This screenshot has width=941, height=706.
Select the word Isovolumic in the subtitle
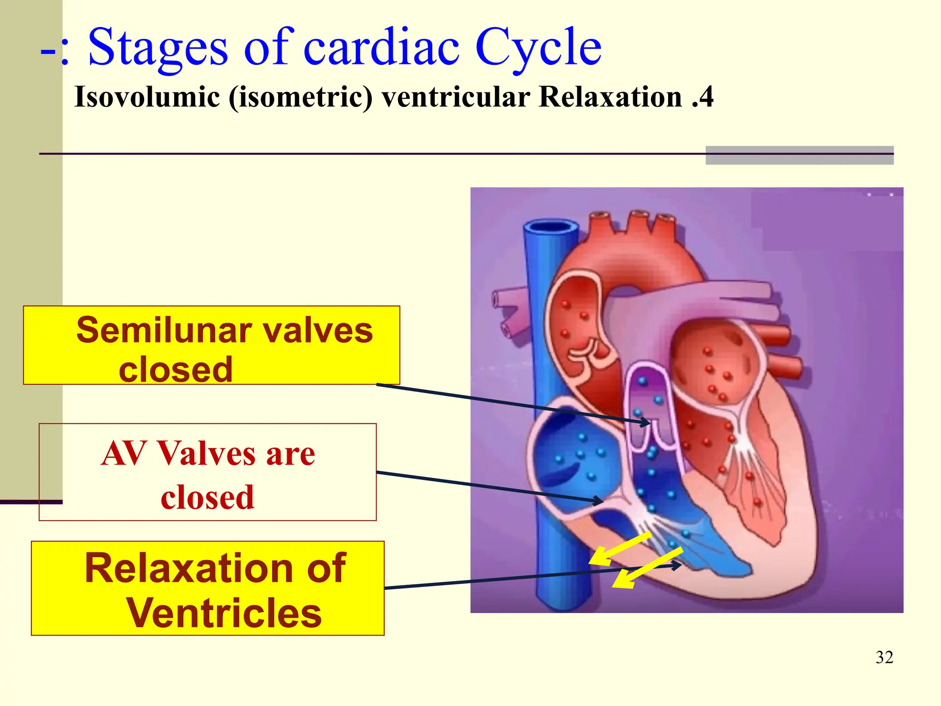147,97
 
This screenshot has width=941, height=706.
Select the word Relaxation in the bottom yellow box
215,569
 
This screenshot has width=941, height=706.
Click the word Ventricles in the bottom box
224,613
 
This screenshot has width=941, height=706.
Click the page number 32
884,657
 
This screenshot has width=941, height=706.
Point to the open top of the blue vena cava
550,227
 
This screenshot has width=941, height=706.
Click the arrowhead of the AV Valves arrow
599,501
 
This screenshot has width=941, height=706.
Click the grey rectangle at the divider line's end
799,155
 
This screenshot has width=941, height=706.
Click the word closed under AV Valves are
207,498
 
